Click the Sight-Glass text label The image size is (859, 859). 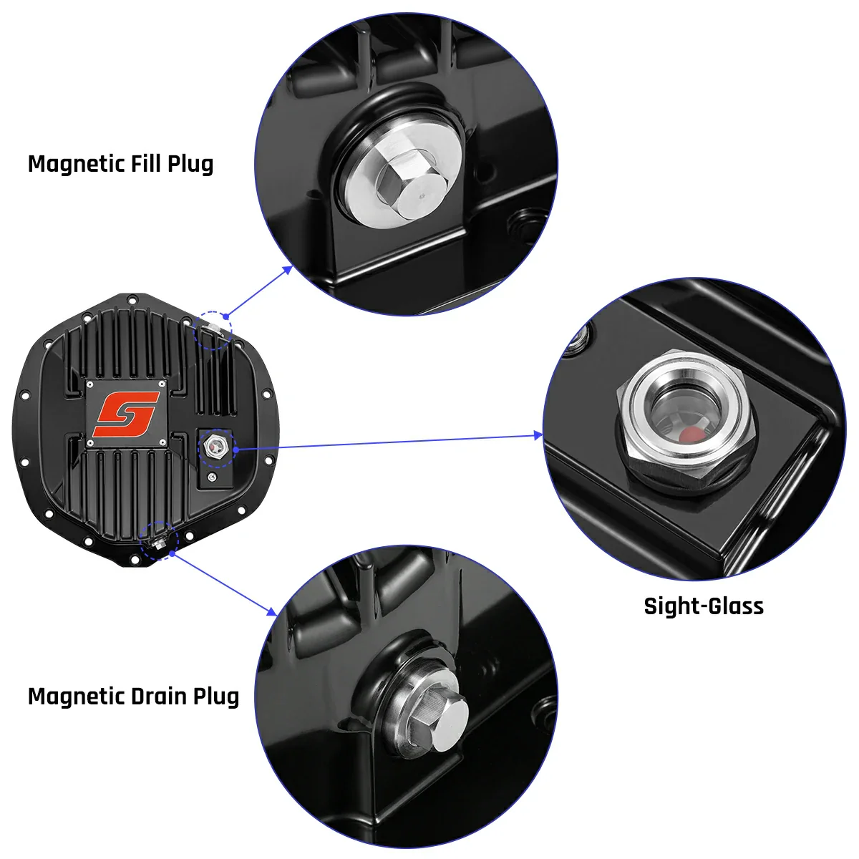704,606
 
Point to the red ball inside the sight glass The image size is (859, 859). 690,435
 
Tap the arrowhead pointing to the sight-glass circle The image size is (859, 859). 538,435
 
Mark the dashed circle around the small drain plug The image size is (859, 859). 158,541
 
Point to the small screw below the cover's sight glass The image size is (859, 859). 212,476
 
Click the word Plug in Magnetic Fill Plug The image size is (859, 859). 190,164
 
